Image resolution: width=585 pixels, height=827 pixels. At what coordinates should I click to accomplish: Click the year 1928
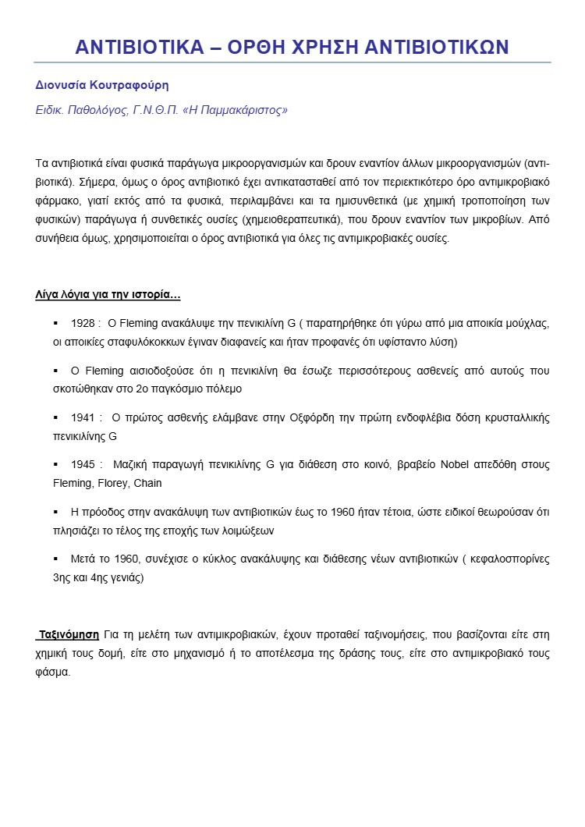tap(83, 322)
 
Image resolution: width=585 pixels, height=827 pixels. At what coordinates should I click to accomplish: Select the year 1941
tap(83, 417)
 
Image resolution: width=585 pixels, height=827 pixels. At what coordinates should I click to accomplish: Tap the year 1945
tap(83, 464)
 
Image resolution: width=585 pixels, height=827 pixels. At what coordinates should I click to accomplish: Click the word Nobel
tap(455, 464)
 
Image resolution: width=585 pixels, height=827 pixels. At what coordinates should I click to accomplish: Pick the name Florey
tap(113, 483)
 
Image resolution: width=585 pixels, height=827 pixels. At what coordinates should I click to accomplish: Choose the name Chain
tap(147, 483)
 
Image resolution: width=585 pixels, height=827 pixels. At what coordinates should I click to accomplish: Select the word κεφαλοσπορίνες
tap(510, 559)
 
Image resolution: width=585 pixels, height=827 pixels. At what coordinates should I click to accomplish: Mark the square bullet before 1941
tap(55, 417)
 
